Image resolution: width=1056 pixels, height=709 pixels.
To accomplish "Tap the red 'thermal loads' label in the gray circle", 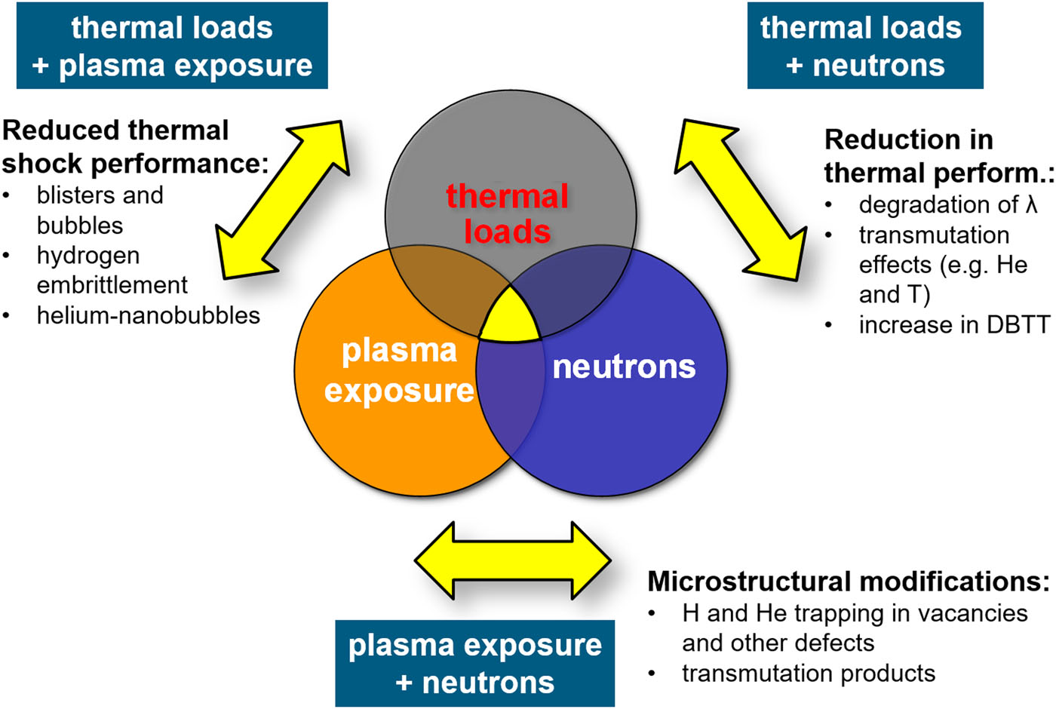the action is pyautogui.click(x=507, y=213).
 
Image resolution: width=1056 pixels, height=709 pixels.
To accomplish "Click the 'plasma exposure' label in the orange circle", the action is pyautogui.click(x=399, y=371).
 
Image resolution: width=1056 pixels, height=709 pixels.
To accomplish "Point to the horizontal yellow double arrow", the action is pyautogui.click(x=513, y=560).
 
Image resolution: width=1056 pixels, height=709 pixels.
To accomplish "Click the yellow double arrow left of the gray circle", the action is pyautogui.click(x=283, y=200).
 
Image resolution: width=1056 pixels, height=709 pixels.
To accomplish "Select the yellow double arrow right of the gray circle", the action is pyautogui.click(x=741, y=200).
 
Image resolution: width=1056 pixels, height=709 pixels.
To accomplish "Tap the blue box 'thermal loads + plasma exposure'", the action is pyautogui.click(x=172, y=45).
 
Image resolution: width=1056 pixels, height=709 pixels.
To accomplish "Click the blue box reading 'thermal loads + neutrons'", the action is pyautogui.click(x=865, y=45).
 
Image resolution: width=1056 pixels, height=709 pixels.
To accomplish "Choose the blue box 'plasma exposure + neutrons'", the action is pyautogui.click(x=474, y=663).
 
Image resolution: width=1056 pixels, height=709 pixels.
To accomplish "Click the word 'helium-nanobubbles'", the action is pyautogui.click(x=149, y=315).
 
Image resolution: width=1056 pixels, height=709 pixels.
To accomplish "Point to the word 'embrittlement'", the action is pyautogui.click(x=112, y=285).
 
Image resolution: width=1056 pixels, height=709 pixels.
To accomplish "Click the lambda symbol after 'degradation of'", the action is pyautogui.click(x=1032, y=204).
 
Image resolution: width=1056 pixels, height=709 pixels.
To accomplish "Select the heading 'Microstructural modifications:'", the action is pyautogui.click(x=849, y=582).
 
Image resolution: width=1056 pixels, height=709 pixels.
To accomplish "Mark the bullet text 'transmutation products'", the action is pyautogui.click(x=809, y=673).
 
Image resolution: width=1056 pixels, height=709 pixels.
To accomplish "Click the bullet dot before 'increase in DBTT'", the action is pyautogui.click(x=828, y=325).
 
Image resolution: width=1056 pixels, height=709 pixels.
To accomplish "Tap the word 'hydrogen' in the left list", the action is pyautogui.click(x=88, y=256).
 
